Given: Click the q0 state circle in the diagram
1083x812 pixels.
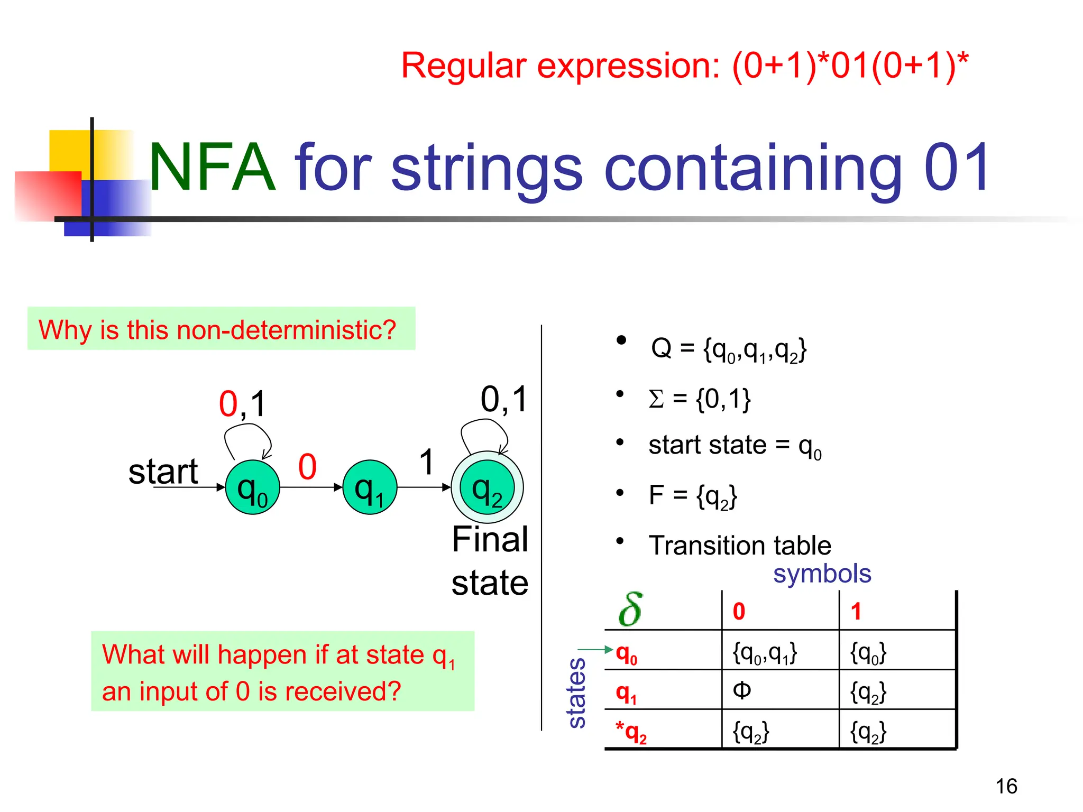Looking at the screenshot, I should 252,487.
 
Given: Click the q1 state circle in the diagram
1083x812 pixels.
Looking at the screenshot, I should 370,487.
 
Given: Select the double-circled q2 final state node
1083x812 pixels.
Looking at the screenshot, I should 487,487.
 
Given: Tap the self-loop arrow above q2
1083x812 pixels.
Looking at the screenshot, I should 484,432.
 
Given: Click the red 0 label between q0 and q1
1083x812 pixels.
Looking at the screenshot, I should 307,467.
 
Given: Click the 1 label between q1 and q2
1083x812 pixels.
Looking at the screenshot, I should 427,462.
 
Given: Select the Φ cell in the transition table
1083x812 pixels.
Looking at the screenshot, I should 742,690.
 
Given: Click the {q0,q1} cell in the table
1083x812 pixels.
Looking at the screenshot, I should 764,653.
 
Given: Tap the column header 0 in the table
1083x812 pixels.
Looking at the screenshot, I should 739,612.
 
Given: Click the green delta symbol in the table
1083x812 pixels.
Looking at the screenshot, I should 630,610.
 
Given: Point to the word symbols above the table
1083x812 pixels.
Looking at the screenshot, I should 822,574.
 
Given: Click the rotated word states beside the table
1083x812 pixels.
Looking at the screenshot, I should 576,693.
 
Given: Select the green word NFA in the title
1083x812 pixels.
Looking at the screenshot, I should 212,168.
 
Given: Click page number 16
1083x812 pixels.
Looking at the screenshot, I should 1006,786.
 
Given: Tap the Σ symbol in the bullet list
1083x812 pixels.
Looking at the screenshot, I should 656,399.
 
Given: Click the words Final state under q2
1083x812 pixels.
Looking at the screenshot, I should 490,561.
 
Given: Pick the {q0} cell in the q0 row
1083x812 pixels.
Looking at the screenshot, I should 868,653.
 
